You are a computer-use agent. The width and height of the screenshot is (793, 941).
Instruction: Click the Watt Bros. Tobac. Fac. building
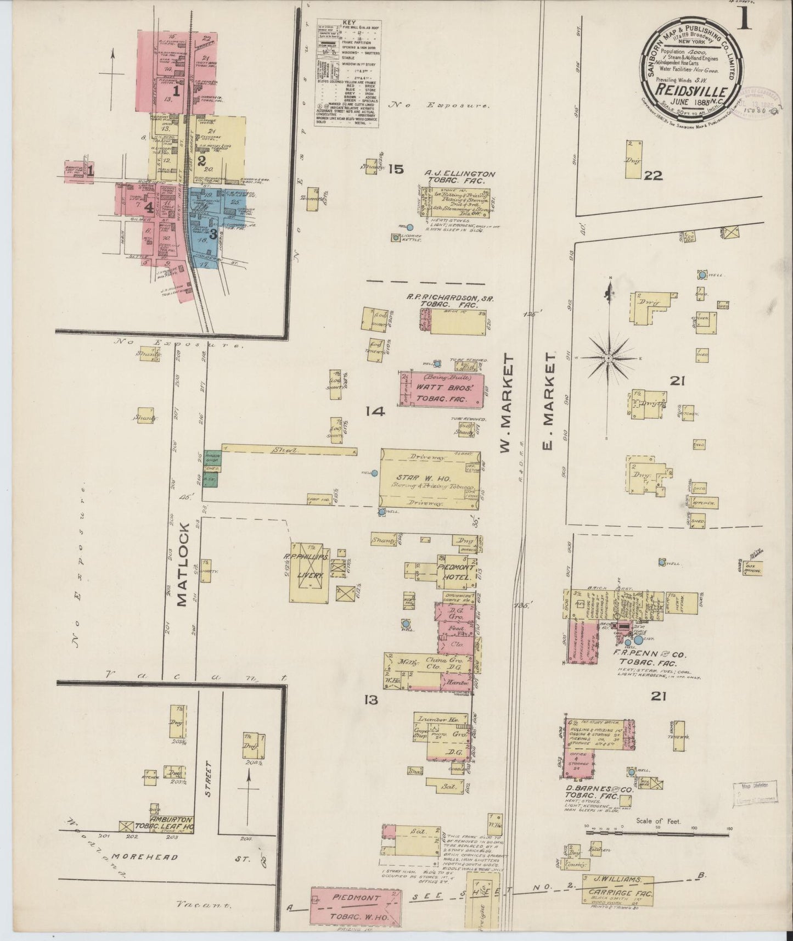442,390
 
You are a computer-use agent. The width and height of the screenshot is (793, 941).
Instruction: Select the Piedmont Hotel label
455,573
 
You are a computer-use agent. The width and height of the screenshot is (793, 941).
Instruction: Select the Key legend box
347,73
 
